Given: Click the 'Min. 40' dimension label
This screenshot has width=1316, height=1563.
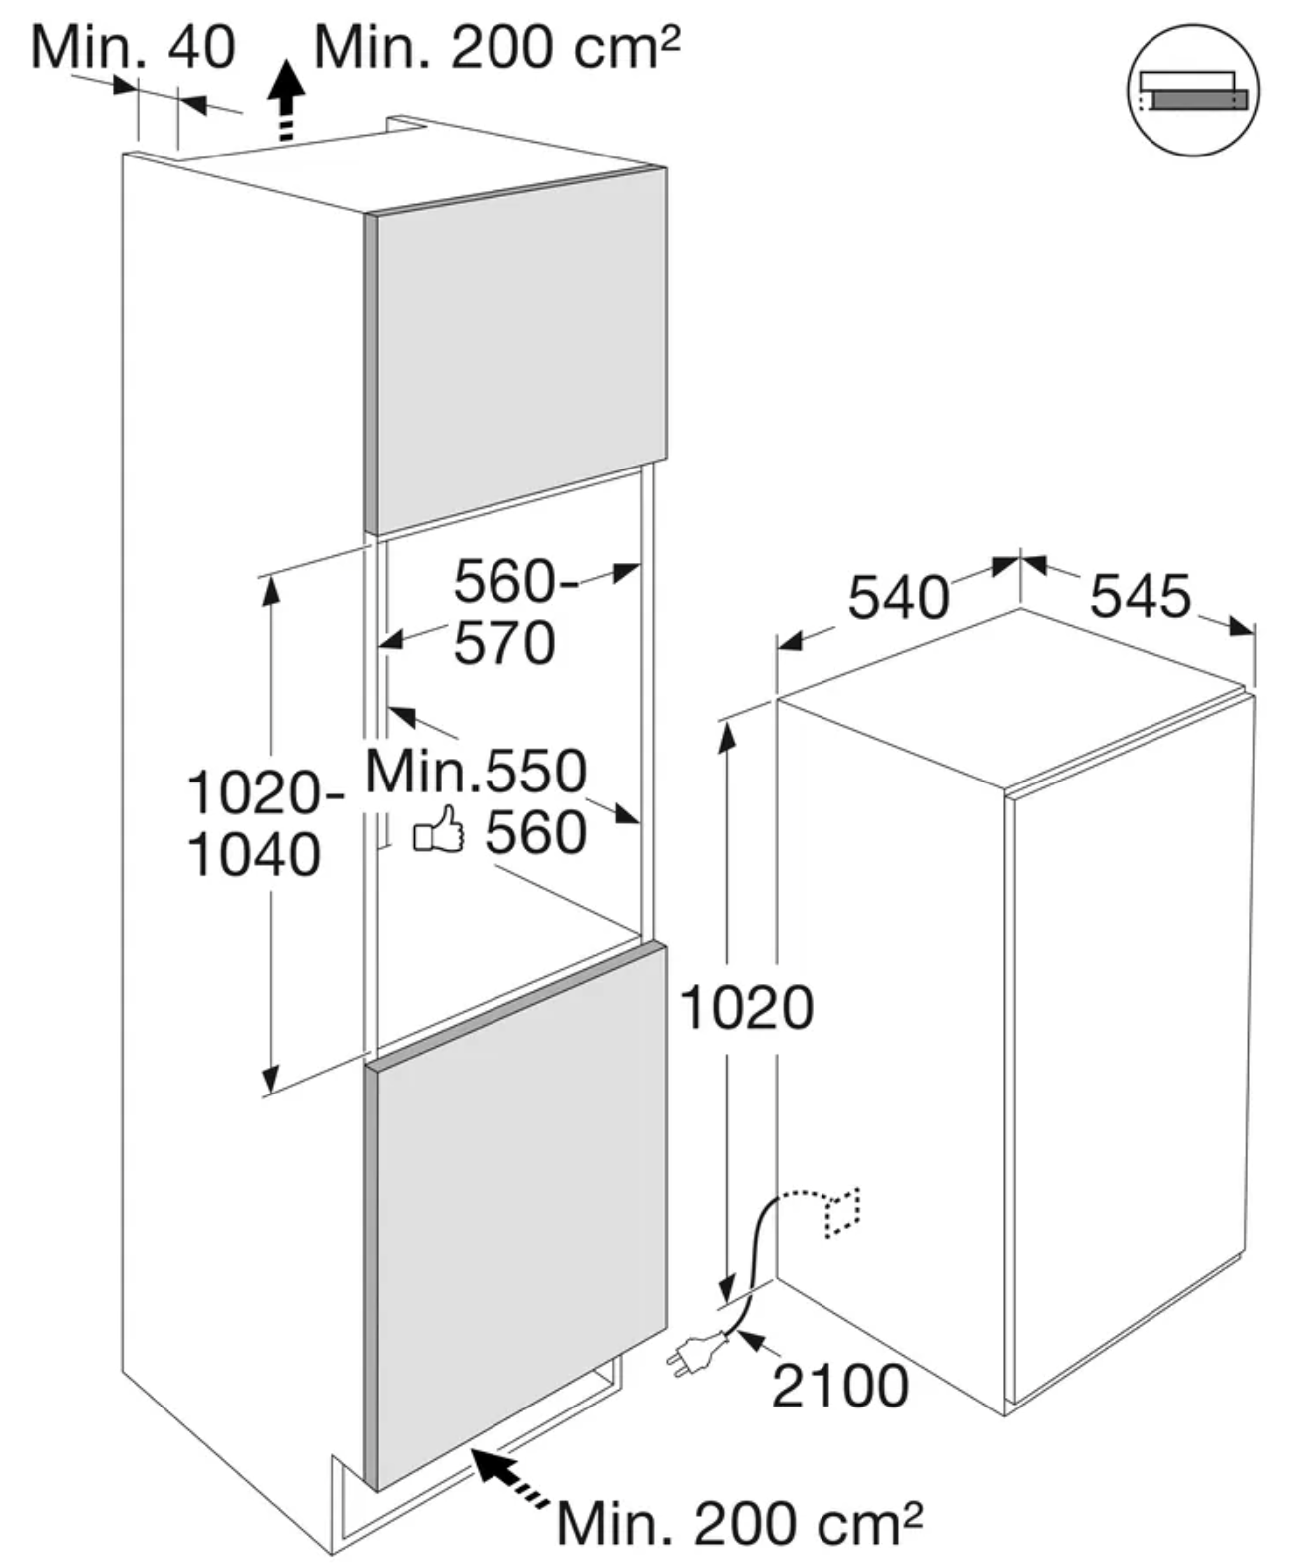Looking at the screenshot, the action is coord(134,47).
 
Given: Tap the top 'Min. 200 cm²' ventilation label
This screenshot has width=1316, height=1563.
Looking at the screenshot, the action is coord(497,47).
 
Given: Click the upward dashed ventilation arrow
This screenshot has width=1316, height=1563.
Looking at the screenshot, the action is coord(287,101).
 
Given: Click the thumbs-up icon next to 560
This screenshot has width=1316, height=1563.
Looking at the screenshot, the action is coord(439,828).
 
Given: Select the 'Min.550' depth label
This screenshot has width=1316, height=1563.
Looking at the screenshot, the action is coord(477,771).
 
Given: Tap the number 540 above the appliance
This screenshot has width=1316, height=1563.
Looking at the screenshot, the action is coord(898,597).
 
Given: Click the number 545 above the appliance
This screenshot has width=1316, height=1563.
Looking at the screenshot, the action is coord(1141,596).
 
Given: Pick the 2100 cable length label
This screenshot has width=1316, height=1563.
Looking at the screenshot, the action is coord(839,1385).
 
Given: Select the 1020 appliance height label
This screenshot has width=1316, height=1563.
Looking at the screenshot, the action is coord(747,1008).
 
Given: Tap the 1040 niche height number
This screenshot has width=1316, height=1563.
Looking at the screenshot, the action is coord(254,855).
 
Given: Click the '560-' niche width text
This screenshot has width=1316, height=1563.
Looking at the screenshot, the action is coord(515,581).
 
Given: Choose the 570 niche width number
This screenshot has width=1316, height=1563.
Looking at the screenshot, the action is coord(504,642).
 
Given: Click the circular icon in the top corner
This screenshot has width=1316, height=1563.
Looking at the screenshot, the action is coord(1193,90).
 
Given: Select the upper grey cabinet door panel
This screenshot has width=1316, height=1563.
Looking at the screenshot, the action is coord(515,350).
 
